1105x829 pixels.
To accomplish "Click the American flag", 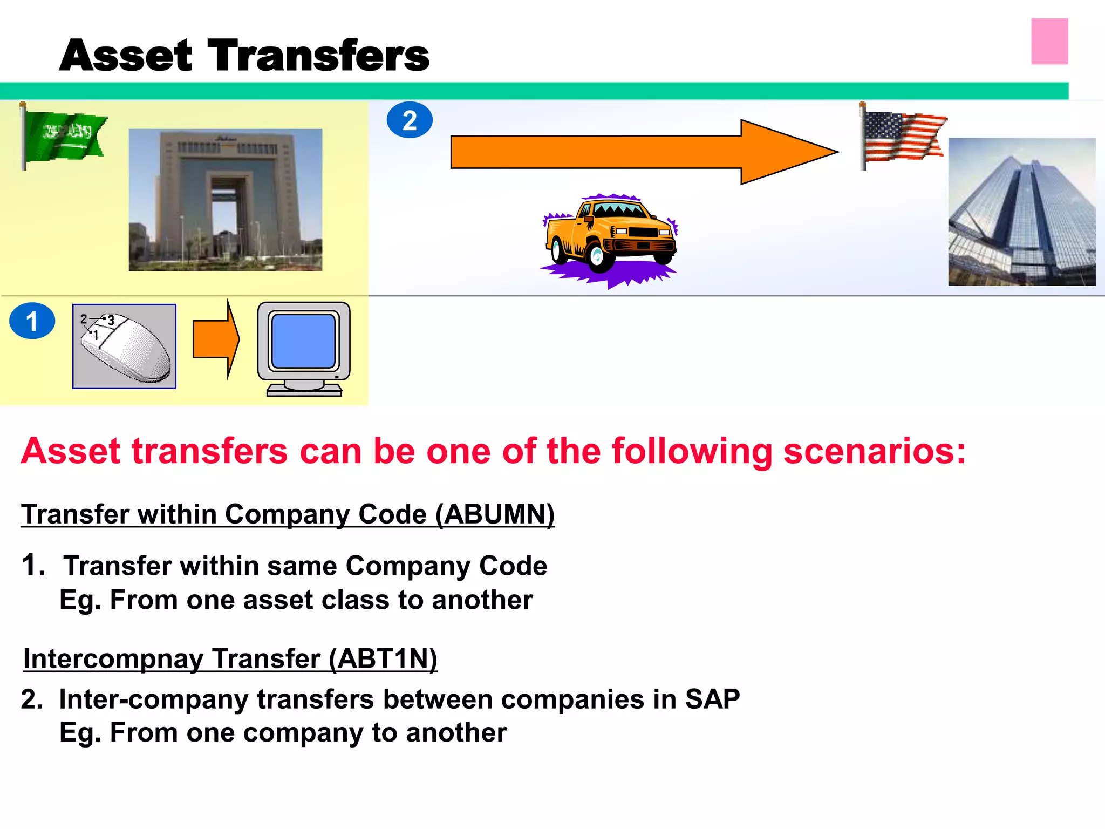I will coord(904,136).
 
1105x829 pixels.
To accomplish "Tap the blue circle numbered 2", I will coord(410,120).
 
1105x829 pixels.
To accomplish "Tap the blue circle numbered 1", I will coord(32,321).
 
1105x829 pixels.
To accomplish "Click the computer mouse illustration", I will coord(125,346).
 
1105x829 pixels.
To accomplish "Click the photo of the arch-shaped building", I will coord(226,200).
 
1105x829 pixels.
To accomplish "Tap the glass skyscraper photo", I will coord(1021,212).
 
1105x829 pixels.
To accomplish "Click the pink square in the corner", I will coord(1049,42).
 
